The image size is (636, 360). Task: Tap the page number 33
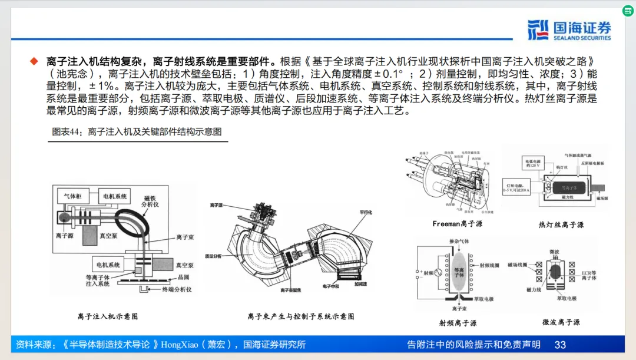(560, 345)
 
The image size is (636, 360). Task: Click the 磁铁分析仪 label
(150, 200)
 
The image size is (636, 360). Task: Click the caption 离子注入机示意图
(108, 316)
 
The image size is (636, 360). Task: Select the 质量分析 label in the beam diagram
(214, 256)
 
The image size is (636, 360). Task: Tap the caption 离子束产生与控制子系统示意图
(301, 316)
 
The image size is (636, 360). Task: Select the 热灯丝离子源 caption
(561, 225)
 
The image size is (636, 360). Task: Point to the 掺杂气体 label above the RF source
(459, 242)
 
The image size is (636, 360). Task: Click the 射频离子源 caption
(458, 323)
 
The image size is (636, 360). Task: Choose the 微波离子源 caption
(561, 322)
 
